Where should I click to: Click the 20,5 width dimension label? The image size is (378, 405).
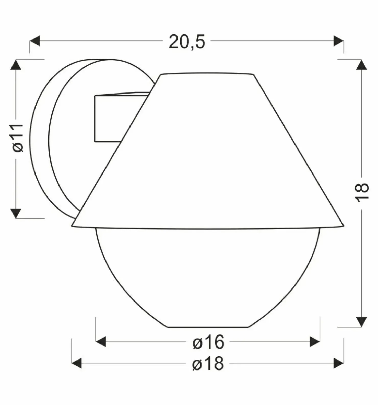click(x=187, y=42)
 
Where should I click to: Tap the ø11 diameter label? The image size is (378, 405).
click(x=18, y=138)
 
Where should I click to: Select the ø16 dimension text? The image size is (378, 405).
click(x=208, y=342)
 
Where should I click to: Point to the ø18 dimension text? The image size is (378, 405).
click(x=208, y=363)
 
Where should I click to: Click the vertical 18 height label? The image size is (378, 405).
click(x=362, y=192)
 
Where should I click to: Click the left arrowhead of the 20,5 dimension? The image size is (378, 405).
click(x=35, y=41)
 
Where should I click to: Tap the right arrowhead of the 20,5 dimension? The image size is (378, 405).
click(x=338, y=41)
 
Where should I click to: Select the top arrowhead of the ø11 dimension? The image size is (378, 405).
click(x=16, y=64)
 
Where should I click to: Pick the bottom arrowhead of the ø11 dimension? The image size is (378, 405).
click(x=16, y=214)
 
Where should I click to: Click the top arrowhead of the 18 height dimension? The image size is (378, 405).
click(x=361, y=64)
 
